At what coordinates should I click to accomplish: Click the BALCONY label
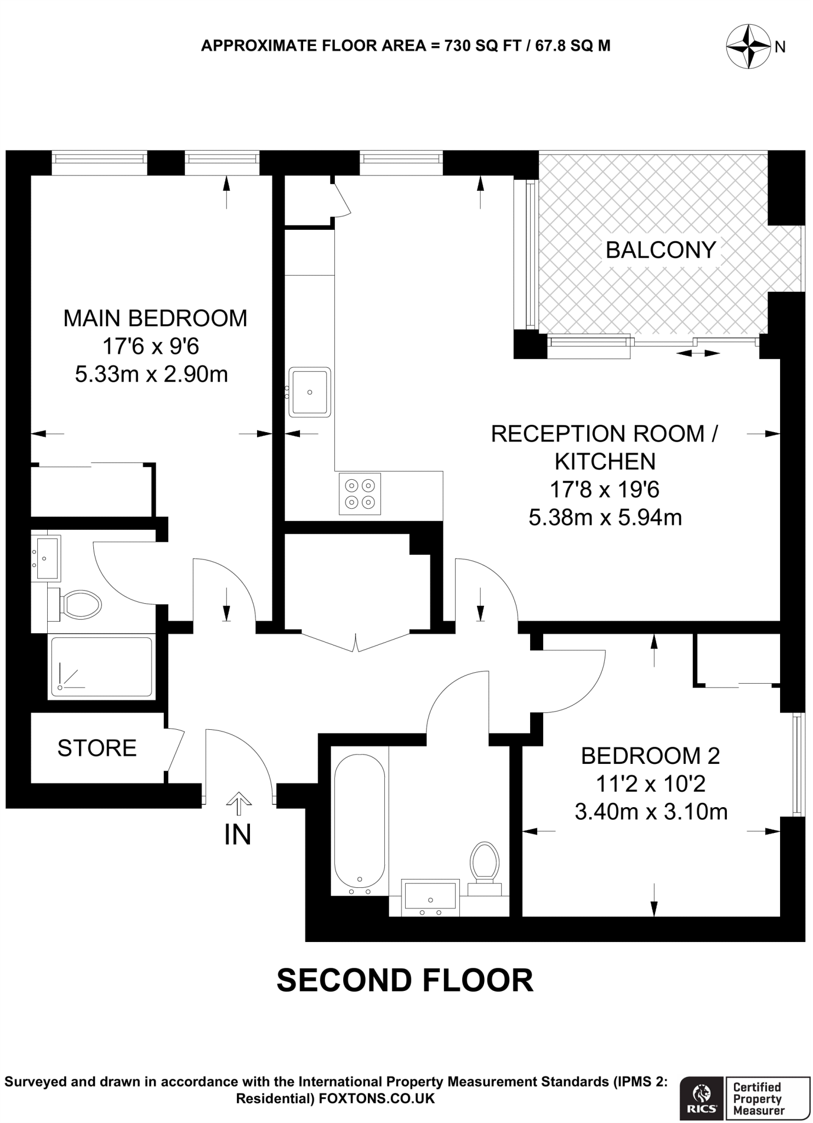coord(661,250)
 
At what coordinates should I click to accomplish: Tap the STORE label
coord(97,748)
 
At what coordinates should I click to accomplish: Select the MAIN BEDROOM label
coord(155,318)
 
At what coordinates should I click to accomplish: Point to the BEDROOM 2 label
coord(650,756)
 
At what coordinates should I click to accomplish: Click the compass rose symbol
coord(748,47)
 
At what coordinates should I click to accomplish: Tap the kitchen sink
coord(310,392)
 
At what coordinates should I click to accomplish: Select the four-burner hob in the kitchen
coord(360,494)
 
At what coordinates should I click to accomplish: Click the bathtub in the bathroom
coord(360,821)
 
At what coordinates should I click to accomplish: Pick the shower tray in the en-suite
coord(101,666)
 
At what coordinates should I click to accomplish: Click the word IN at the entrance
coord(237,835)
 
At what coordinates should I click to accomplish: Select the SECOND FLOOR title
coord(405,980)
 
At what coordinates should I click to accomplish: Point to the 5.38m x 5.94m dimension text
coord(605,518)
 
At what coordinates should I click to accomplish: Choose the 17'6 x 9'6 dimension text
coord(151,346)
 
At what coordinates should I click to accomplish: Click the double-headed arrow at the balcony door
coord(697,354)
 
